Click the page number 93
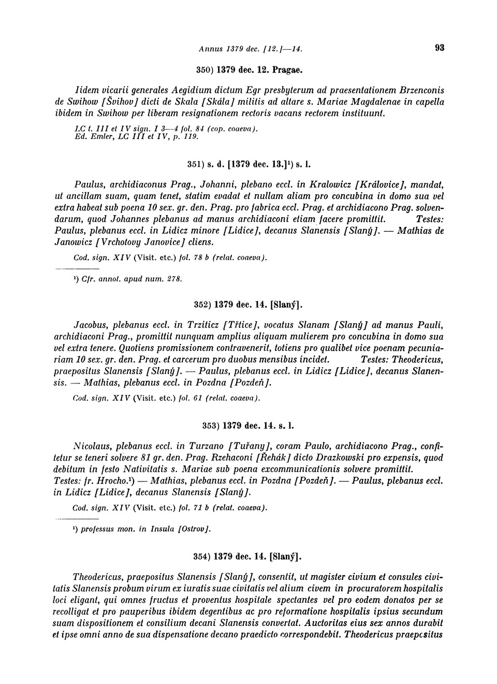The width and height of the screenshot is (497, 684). pos(440,48)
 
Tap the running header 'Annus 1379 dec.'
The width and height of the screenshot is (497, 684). pos(228,49)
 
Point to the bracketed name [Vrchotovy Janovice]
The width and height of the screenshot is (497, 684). pos(143,242)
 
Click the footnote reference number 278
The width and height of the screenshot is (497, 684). pos(173,279)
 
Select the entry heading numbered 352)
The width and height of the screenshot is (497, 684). pos(248,304)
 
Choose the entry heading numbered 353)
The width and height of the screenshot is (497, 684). pos(248,425)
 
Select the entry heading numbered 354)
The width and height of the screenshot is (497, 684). pos(248,557)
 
